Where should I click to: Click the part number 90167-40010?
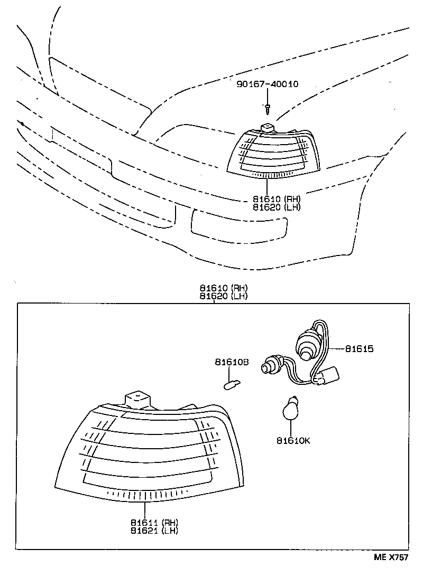268,84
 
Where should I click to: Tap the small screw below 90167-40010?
268,109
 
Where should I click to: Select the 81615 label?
360,348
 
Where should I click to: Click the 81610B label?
232,362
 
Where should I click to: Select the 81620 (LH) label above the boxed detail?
223,297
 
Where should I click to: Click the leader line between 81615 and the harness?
337,348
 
